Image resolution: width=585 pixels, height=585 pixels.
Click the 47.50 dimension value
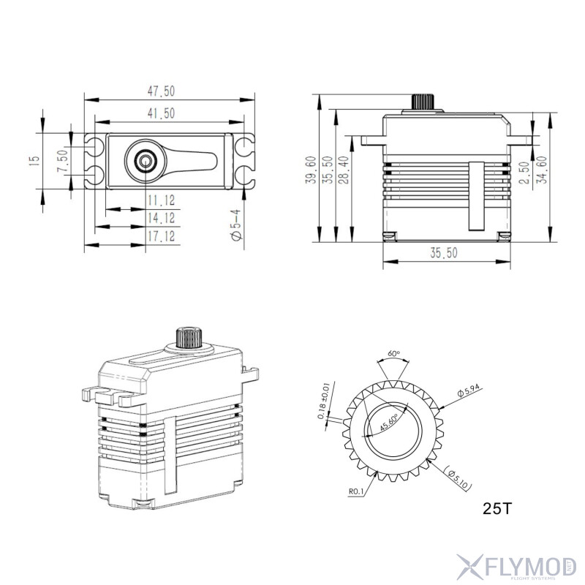click(162, 91)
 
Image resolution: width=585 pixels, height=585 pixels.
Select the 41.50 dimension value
click(162, 113)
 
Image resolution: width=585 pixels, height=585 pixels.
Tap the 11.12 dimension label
click(161, 200)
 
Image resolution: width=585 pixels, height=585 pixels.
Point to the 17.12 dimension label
click(161, 236)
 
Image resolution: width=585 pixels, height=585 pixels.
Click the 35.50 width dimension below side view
click(443, 253)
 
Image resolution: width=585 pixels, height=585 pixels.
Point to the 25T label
click(497, 507)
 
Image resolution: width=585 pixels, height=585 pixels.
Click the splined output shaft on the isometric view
click(187, 338)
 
